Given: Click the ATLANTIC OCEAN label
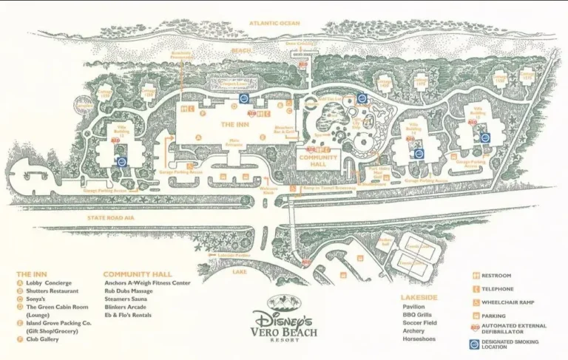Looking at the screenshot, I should pos(274,24).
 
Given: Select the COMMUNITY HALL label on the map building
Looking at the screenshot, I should pos(318,160).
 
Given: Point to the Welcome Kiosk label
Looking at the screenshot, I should pos(268,189).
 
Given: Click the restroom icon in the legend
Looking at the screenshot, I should pos(476,276).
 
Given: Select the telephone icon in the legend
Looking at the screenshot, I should pos(476,289).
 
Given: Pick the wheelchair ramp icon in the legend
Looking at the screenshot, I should pos(476,302).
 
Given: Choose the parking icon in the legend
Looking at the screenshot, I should pos(476,315).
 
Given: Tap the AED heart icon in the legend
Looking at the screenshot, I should pos(475,327).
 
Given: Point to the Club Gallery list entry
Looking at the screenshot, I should pos(46,339).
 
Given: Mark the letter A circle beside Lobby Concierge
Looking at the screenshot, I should pos(20,282).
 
